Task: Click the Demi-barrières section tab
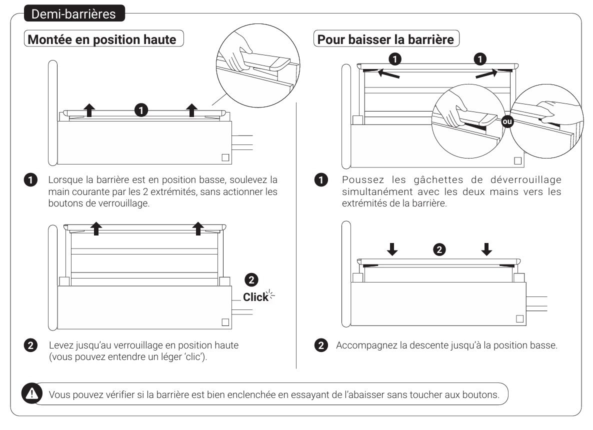tap(73, 14)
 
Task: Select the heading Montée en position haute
tap(102, 39)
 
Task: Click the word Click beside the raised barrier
tap(255, 297)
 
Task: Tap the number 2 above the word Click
tap(253, 279)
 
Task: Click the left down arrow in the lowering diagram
tap(393, 249)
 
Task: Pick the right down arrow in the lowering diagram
tap(486, 249)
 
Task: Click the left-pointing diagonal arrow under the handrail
tap(388, 74)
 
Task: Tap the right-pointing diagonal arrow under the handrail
tap(486, 74)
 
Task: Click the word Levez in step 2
tap(60, 345)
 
